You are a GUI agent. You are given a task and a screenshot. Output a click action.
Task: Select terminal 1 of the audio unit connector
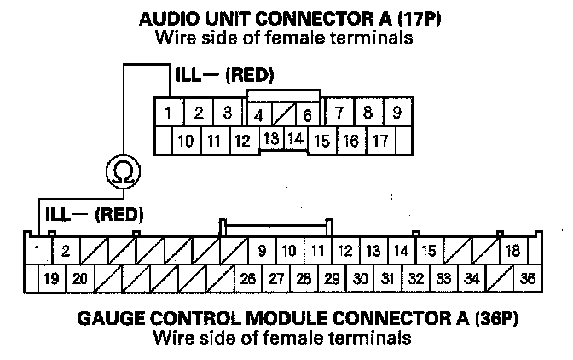click(170, 113)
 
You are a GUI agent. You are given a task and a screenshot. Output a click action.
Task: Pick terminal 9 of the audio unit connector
click(396, 112)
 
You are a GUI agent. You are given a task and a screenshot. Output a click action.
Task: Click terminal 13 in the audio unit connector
click(271, 137)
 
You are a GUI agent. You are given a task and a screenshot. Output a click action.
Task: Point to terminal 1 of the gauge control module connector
click(38, 251)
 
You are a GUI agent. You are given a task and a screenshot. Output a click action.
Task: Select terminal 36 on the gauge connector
click(528, 277)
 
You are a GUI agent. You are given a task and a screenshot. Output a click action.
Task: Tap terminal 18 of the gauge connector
click(512, 251)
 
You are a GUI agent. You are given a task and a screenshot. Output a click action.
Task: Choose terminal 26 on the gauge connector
click(248, 277)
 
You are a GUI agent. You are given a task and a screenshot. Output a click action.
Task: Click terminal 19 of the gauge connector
click(51, 277)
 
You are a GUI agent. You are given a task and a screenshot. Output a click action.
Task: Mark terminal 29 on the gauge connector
click(332, 277)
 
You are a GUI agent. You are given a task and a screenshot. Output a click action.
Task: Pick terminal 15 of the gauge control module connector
click(429, 251)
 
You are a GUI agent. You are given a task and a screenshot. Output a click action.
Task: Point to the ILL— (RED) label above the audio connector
click(223, 76)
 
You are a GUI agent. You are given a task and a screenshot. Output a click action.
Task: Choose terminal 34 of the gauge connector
click(471, 277)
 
